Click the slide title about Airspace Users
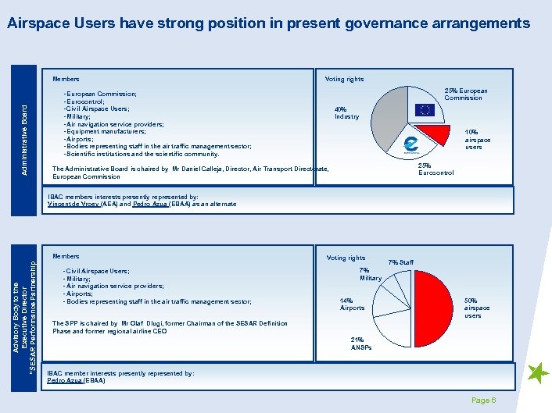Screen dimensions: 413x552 click(x=268, y=23)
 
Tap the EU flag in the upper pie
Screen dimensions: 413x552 click(x=425, y=109)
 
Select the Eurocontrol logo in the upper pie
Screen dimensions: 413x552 click(x=410, y=145)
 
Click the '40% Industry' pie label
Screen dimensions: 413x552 click(x=346, y=113)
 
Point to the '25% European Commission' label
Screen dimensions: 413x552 click(x=465, y=94)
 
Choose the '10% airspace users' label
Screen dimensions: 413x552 click(x=478, y=140)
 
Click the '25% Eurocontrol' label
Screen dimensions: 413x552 click(x=436, y=169)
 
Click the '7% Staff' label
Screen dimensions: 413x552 click(x=401, y=262)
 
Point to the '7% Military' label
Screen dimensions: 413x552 click(x=371, y=274)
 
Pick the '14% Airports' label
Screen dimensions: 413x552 click(x=352, y=304)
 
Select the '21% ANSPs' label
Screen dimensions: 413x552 click(x=362, y=344)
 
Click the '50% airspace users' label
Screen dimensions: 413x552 click(x=477, y=308)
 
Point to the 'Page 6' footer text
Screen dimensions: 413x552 click(x=484, y=401)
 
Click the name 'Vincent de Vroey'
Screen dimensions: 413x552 click(x=73, y=204)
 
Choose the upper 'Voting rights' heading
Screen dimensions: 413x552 click(x=344, y=79)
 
